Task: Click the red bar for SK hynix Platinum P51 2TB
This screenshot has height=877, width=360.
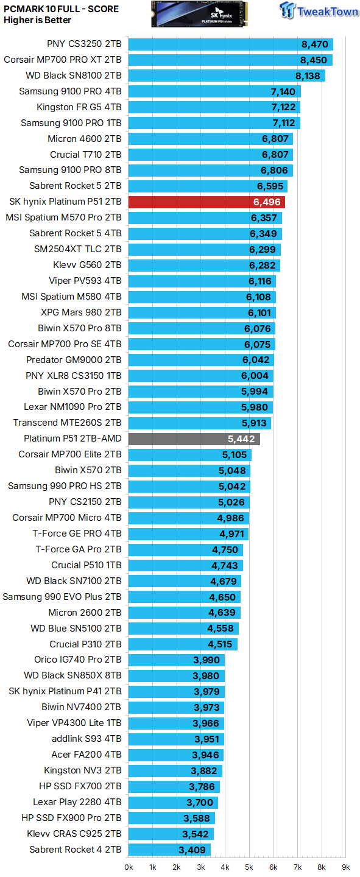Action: tap(206, 202)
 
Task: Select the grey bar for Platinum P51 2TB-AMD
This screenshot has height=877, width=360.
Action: tap(194, 438)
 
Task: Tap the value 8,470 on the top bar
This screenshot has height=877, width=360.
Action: tap(314, 44)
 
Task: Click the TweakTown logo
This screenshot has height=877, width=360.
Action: tap(318, 11)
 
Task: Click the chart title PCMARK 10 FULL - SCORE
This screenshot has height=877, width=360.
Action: tap(61, 9)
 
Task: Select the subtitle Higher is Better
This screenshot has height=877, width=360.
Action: tap(37, 20)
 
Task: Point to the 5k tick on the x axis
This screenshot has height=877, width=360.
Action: tap(249, 867)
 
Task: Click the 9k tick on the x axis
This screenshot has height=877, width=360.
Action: tap(345, 867)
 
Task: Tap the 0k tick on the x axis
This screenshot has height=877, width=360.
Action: tap(129, 867)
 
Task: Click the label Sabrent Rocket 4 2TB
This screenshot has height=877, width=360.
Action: tap(76, 849)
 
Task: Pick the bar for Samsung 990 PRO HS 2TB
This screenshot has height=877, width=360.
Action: tap(189, 486)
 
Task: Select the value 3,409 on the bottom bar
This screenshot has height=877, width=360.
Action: tap(193, 849)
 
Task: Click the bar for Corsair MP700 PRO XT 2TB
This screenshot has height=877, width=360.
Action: tap(230, 60)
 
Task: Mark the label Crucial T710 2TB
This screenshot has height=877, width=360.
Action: tap(86, 155)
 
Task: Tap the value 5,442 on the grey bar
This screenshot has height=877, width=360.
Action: tap(241, 438)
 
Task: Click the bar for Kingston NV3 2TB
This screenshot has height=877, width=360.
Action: tap(175, 770)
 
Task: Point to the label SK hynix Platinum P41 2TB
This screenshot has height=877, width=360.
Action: tap(65, 691)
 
